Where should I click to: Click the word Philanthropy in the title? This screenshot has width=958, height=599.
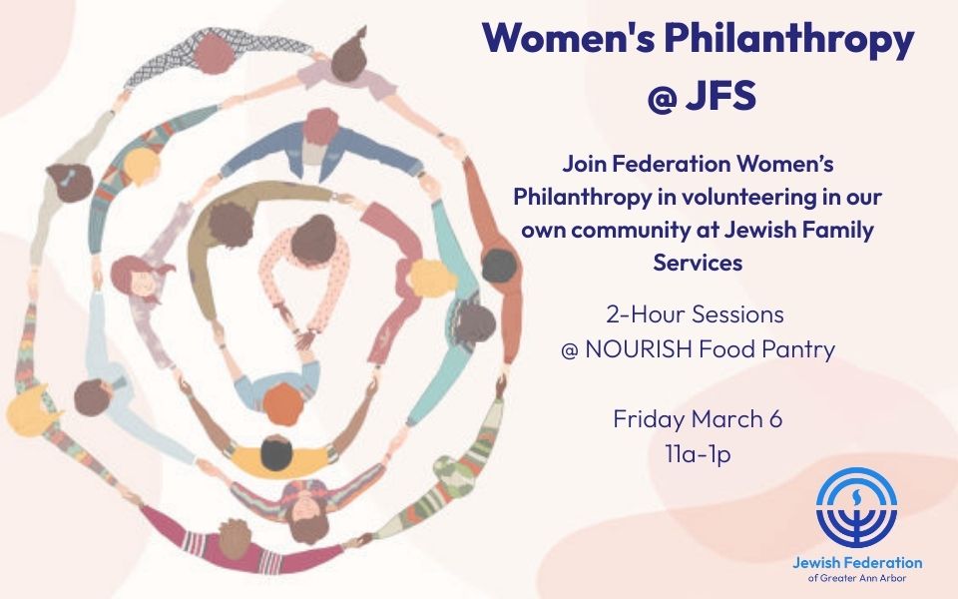[x=788, y=39]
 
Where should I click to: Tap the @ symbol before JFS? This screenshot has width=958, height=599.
[x=662, y=97]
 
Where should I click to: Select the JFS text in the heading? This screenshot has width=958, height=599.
[x=720, y=96]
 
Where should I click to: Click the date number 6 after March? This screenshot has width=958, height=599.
[x=775, y=419]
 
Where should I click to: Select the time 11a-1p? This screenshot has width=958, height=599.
[x=698, y=455]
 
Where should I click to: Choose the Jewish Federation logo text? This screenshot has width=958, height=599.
[x=857, y=562]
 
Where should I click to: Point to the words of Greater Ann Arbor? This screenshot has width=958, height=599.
[x=857, y=578]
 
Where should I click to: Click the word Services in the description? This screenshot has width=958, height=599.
[x=698, y=263]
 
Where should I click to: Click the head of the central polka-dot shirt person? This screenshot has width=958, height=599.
[x=313, y=240]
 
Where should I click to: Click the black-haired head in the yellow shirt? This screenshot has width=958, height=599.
[x=276, y=453]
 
